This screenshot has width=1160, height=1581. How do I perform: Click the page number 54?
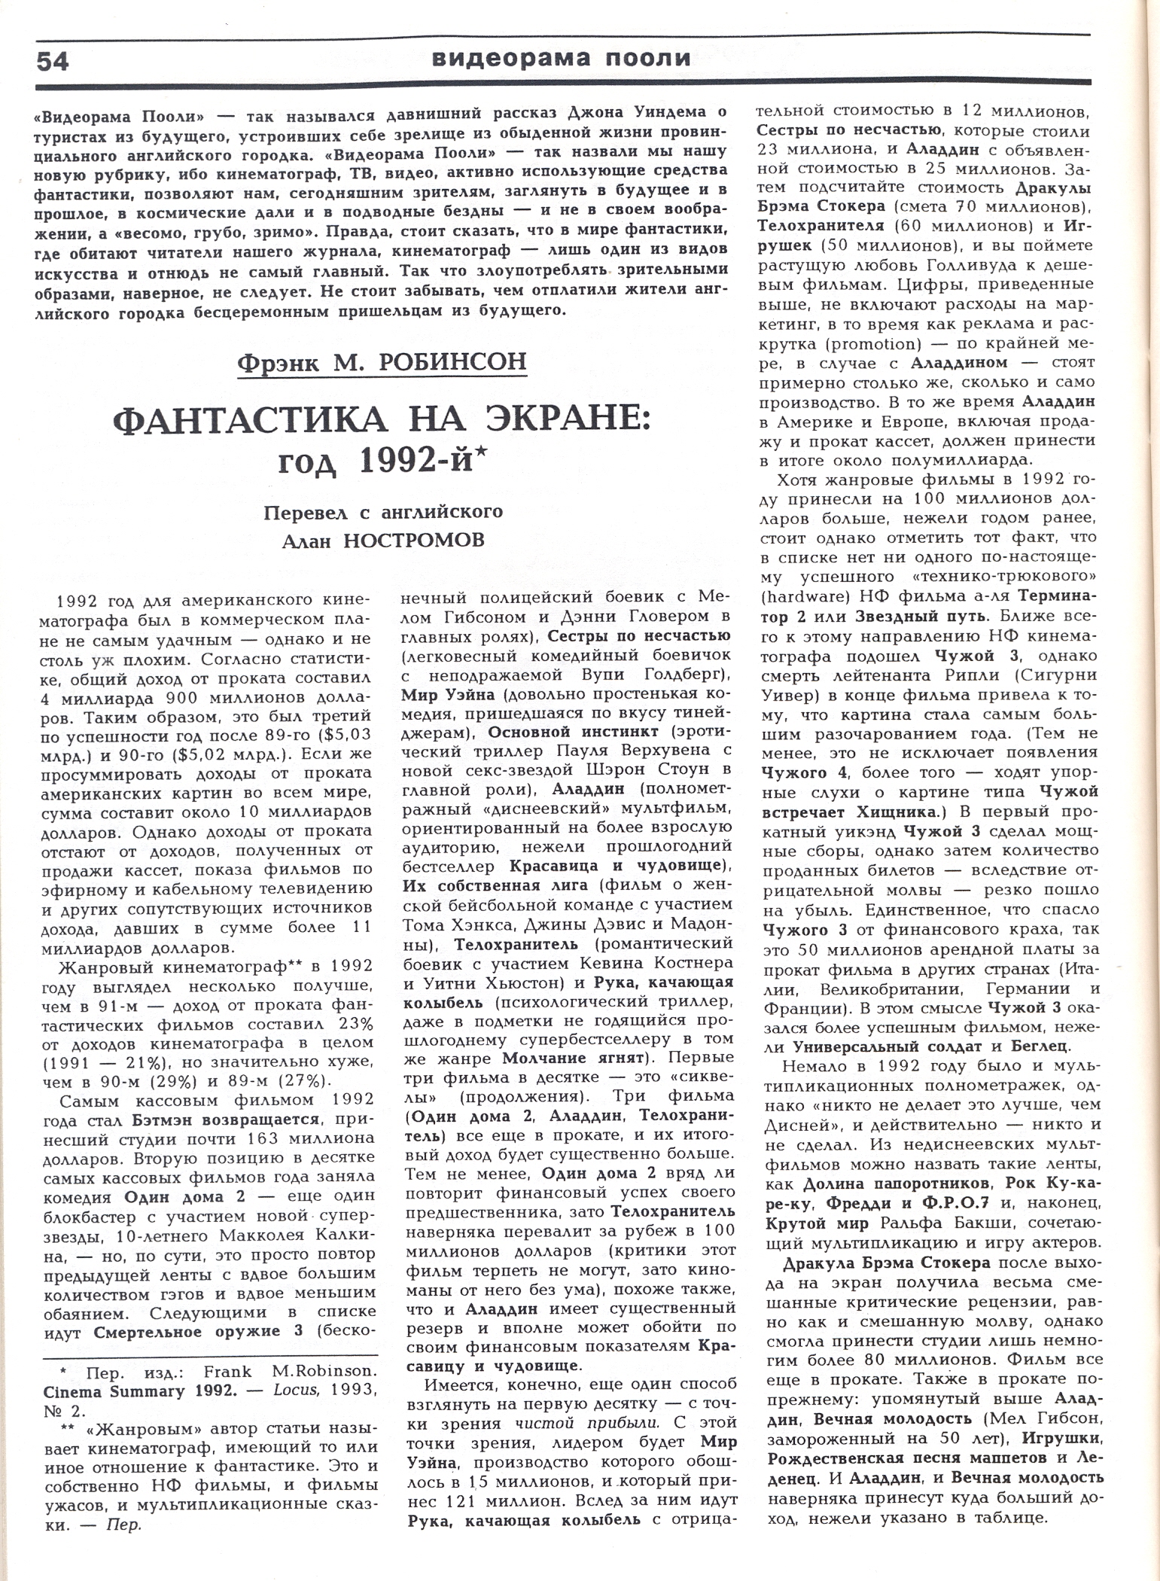[x=53, y=61]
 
